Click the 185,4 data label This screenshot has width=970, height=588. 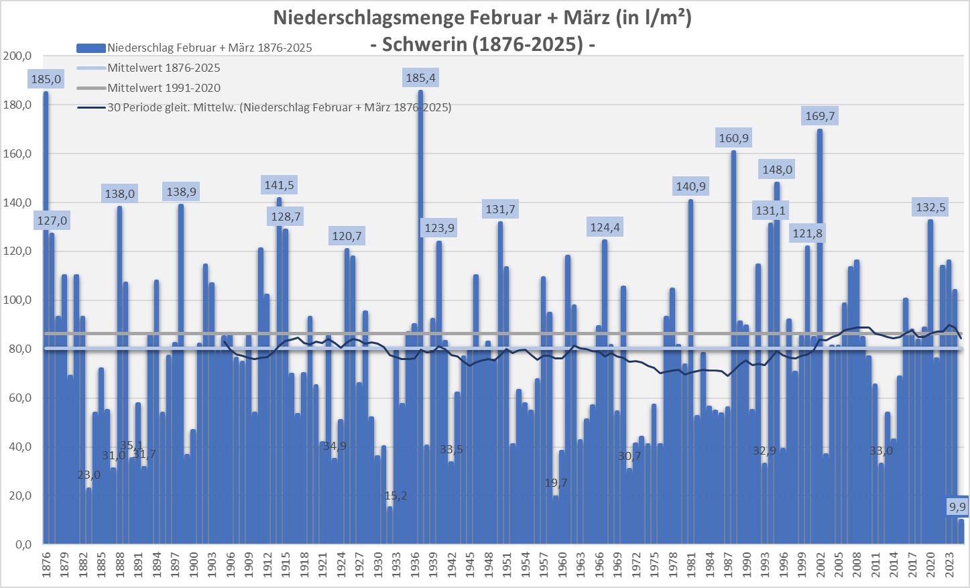pos(420,78)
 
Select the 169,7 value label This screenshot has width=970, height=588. pos(820,116)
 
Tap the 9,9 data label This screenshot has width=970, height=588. pos(957,507)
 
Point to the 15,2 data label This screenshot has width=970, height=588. pos(396,496)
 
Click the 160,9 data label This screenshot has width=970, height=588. pos(733,138)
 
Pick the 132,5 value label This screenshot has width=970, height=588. pos(930,207)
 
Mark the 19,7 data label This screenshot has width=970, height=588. pos(556,483)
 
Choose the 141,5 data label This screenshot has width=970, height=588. pos(279,185)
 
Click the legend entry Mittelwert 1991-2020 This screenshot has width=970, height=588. pos(164,88)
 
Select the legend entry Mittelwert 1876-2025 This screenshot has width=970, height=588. pos(164,68)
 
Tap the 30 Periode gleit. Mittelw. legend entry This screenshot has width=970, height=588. pos(279,107)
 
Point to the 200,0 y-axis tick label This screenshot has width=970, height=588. pos(17,56)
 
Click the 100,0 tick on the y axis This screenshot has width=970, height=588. pos(17,300)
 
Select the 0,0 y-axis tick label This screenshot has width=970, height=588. pos(22,544)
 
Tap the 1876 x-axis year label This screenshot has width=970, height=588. pos(46,565)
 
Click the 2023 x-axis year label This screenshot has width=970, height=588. pos(949,565)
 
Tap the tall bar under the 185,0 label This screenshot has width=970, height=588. pos(46,335)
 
